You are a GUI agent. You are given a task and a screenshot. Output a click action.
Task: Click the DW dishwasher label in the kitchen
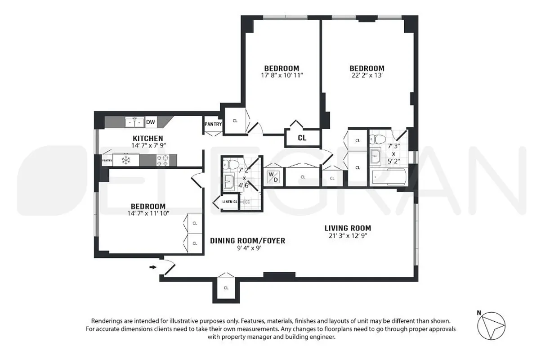(150, 122)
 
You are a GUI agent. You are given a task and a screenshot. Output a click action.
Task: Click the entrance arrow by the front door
(153, 267)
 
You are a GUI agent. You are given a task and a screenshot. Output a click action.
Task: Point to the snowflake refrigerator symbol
(125, 160)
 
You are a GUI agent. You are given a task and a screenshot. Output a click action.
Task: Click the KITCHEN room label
(148, 138)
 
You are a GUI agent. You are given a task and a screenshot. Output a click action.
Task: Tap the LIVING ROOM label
(349, 228)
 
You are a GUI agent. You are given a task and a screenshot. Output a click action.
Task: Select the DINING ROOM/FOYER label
(247, 241)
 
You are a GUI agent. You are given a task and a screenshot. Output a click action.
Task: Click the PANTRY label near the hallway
(212, 124)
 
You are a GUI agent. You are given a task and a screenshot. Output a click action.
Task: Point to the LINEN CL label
(229, 202)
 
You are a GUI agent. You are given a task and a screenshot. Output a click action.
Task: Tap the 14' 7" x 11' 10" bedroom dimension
(148, 213)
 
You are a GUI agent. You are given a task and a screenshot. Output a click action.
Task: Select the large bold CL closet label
(302, 138)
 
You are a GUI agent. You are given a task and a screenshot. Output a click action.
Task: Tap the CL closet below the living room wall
(226, 288)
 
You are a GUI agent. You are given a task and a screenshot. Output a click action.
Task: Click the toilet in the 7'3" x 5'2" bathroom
(380, 138)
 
